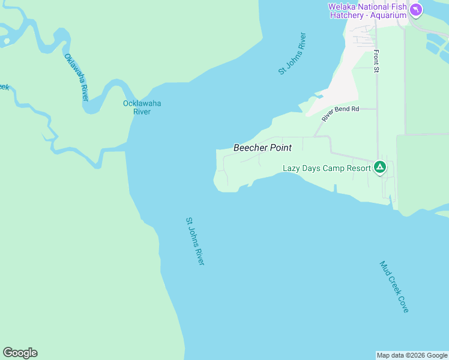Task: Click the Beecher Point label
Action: click(x=262, y=148)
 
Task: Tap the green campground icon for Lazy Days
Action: click(x=379, y=167)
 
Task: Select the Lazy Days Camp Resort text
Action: click(x=327, y=168)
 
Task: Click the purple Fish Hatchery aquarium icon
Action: click(x=416, y=10)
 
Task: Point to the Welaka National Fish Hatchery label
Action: click(x=367, y=11)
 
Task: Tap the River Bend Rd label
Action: click(x=340, y=113)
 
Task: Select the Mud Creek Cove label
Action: click(x=394, y=286)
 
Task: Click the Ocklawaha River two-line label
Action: click(x=142, y=107)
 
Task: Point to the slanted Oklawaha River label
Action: click(x=76, y=77)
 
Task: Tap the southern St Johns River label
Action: click(x=195, y=241)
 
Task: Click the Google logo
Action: click(x=20, y=353)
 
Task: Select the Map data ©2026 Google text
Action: click(x=412, y=355)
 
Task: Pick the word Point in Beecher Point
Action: click(x=279, y=148)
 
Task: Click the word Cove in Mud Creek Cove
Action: click(x=403, y=303)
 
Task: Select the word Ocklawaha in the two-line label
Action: click(x=142, y=103)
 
